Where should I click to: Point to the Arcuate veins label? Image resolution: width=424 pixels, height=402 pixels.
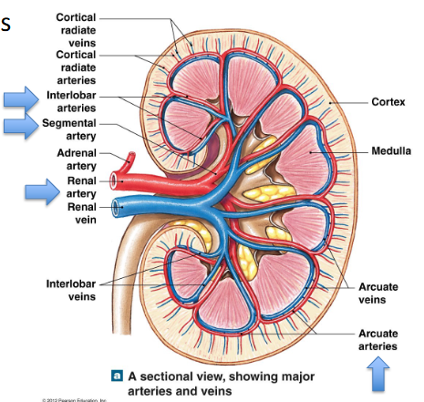377,293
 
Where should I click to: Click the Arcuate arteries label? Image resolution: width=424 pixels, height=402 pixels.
377,339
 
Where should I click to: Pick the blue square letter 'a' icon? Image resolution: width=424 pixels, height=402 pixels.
116,374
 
